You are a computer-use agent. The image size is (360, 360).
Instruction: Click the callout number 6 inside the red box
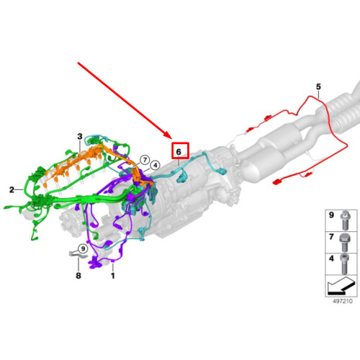pyautogui.click(x=179, y=152)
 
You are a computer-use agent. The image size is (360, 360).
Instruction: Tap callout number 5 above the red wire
pyautogui.click(x=318, y=86)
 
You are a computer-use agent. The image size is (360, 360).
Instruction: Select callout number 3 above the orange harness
pyautogui.click(x=80, y=137)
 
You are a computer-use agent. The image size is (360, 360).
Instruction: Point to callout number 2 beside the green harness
pyautogui.click(x=12, y=190)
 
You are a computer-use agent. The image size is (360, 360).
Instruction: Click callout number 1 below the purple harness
pyautogui.click(x=113, y=276)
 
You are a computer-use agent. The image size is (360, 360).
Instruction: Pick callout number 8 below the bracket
pyautogui.click(x=78, y=276)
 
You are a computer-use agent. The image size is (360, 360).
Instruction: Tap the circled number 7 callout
pyautogui.click(x=145, y=160)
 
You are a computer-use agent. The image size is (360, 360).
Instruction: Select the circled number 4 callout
pyautogui.click(x=156, y=166)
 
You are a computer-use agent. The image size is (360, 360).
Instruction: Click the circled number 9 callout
pyautogui.click(x=83, y=248)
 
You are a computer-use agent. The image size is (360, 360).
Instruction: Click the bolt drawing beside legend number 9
pyautogui.click(x=344, y=220)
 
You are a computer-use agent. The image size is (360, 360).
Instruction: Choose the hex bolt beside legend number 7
pyautogui.click(x=345, y=242)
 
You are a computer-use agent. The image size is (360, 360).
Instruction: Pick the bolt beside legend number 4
pyautogui.click(x=344, y=264)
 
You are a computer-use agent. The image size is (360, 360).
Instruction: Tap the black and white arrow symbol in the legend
pyautogui.click(x=341, y=285)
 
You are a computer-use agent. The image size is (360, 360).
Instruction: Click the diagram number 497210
pyautogui.click(x=343, y=301)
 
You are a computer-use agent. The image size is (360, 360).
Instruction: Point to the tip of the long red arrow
pyautogui.click(x=172, y=139)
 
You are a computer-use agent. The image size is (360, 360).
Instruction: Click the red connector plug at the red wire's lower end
pyautogui.click(x=277, y=182)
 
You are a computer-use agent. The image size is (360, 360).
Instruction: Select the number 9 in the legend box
pyautogui.click(x=331, y=215)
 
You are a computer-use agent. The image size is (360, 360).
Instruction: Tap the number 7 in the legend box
pyautogui.click(x=331, y=237)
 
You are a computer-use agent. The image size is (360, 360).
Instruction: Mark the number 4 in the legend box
pyautogui.click(x=331, y=258)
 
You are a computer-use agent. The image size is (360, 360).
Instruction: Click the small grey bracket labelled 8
pyautogui.click(x=76, y=254)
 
